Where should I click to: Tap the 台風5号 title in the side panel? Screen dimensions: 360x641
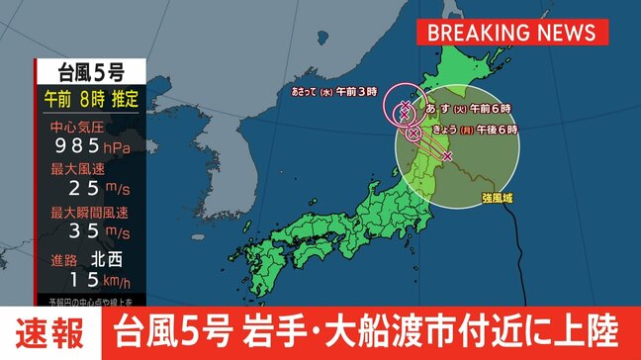tap(90, 71)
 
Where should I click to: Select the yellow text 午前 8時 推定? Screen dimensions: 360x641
tap(90, 100)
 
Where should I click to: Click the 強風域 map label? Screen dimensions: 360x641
tap(497, 198)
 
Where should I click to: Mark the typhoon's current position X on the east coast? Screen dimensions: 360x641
tap(447, 156)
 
